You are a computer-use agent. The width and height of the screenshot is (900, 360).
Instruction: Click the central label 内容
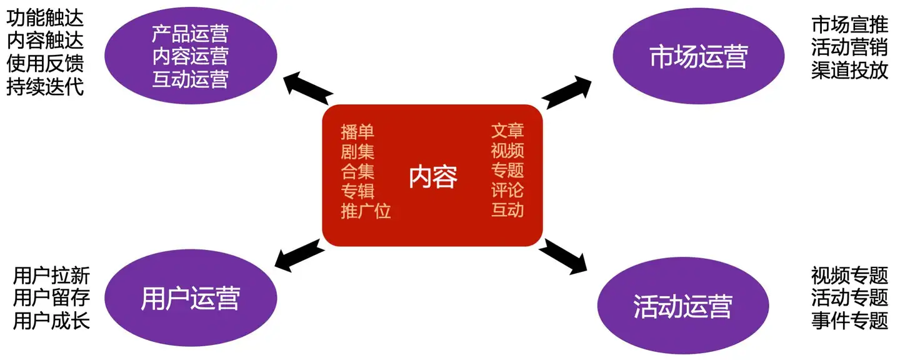coord(432,177)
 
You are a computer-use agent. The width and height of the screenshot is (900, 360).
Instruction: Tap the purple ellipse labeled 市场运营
coord(698,58)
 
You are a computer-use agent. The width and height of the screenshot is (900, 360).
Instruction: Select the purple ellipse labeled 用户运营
coord(190,298)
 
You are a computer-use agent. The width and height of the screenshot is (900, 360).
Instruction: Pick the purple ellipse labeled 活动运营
coord(682,306)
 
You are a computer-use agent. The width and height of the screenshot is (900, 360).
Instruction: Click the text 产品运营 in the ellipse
coord(190,33)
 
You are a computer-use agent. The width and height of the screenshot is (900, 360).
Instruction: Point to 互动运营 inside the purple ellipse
coord(190,79)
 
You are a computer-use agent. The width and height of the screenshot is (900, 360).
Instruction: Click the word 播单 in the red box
coord(357,132)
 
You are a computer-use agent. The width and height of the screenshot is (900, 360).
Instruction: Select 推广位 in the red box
coord(366,211)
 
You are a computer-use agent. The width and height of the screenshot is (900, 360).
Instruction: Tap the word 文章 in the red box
coord(507,131)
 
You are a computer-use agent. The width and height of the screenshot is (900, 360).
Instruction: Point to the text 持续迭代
coord(45,86)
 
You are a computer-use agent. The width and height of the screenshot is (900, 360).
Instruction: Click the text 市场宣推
coord(849,24)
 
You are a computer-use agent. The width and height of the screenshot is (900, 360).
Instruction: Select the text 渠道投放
coord(849,71)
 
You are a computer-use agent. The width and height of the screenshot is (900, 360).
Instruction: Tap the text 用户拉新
coord(51,276)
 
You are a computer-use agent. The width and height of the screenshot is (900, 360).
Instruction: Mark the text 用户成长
coord(51,321)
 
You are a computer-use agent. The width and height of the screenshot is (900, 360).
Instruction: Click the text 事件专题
coord(849,321)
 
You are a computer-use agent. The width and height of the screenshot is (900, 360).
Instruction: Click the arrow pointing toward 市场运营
coord(567,92)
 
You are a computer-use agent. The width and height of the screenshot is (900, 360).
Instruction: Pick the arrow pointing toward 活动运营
coord(562,256)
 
